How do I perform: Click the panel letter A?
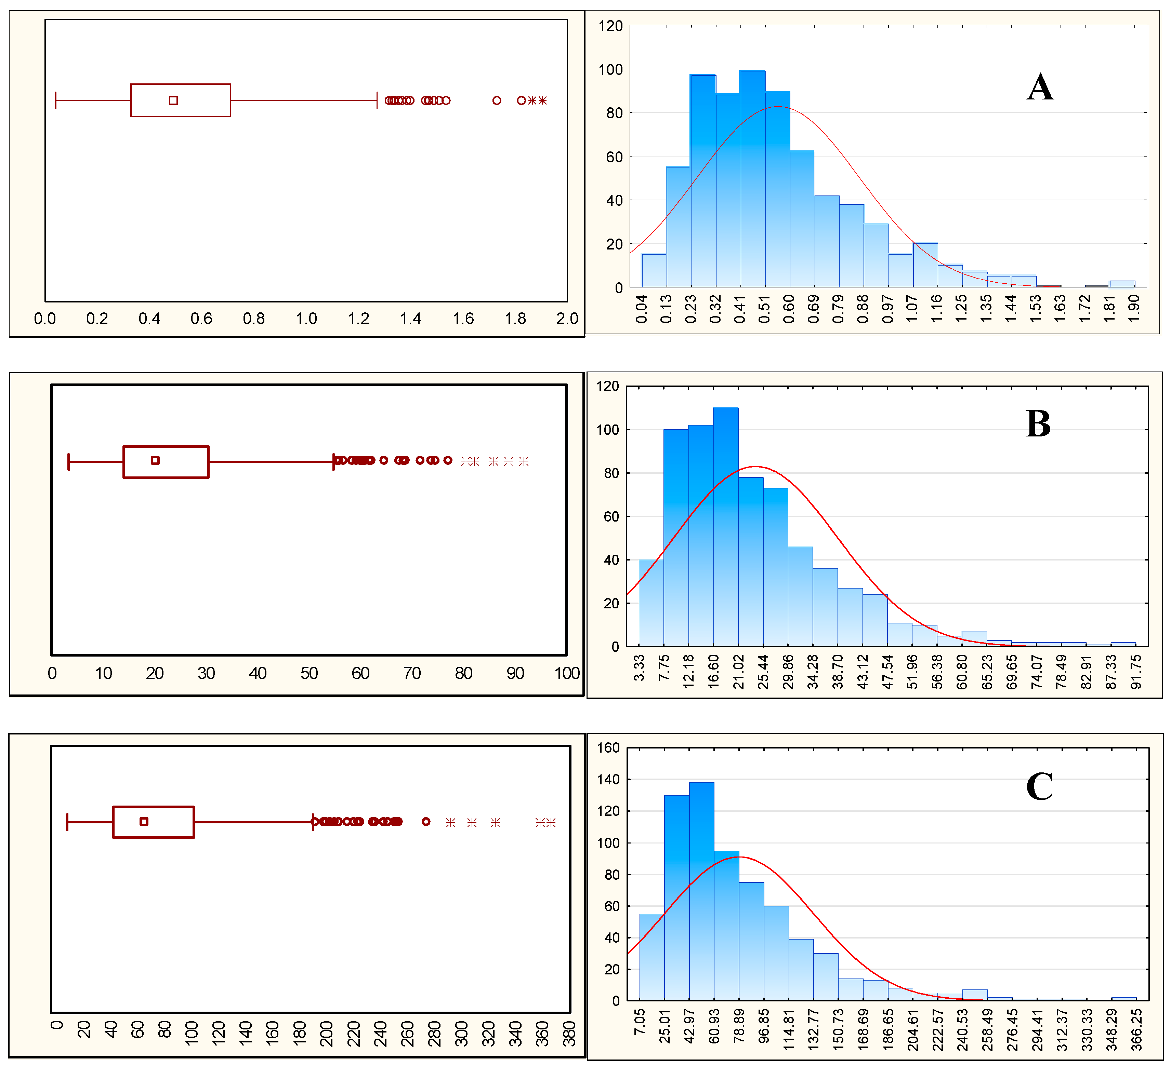coord(1040,88)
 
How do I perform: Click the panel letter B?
coord(1038,424)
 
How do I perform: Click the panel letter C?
coord(1039,787)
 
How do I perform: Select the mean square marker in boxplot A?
coord(173,100)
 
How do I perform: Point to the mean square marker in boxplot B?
coord(155,460)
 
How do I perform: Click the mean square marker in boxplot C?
coord(144,822)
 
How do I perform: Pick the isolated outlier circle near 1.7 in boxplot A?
coord(497,100)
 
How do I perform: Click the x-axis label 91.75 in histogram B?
coord(1136,672)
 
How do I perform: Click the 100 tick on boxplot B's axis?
coord(566,674)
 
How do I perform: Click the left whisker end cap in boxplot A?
coord(56,100)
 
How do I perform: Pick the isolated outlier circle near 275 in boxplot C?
coord(426,822)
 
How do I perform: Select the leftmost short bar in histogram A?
coord(654,271)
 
